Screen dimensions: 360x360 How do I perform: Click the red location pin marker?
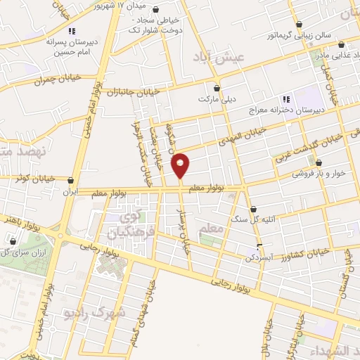181,165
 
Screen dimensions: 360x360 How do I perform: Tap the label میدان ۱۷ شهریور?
103,6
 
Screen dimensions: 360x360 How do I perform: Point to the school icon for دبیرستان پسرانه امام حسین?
71,30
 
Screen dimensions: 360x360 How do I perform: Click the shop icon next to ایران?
70,180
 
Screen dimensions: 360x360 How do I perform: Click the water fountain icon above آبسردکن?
259,246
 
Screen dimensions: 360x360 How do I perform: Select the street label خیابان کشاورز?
302,251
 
